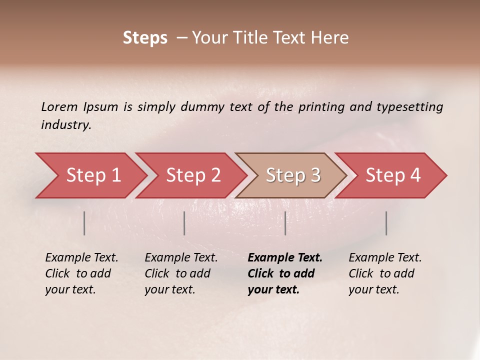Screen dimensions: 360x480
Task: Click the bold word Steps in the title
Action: point(145,38)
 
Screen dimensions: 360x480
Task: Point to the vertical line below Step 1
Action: point(84,223)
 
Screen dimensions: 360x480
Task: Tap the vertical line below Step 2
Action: point(184,223)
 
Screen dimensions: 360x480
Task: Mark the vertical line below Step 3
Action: point(285,223)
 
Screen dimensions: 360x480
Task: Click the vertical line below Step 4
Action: point(386,223)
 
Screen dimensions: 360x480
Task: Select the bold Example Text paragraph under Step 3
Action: point(284,273)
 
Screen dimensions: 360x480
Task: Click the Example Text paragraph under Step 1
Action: point(81,273)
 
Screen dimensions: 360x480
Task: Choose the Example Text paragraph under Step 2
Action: point(181,273)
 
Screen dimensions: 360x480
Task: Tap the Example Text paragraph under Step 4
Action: point(385,273)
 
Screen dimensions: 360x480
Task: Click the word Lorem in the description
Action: point(59,107)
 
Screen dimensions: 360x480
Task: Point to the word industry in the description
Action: point(66,125)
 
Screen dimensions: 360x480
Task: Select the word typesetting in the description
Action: point(412,107)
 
